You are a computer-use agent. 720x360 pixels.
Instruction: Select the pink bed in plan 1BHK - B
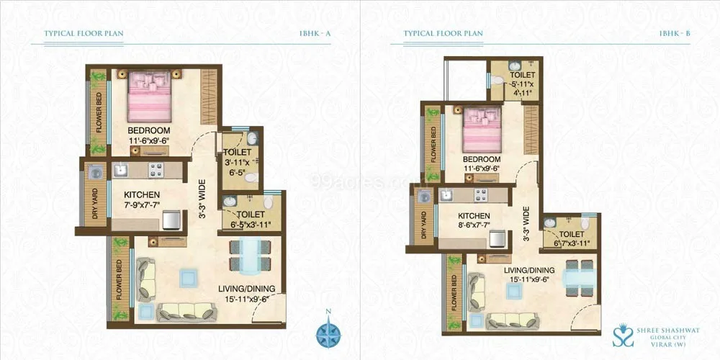[480, 130]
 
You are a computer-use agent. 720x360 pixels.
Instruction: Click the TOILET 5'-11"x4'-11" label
[522, 83]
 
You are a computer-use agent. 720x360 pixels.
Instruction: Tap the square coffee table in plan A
[189, 277]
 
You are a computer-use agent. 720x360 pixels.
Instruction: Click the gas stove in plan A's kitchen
[157, 171]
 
